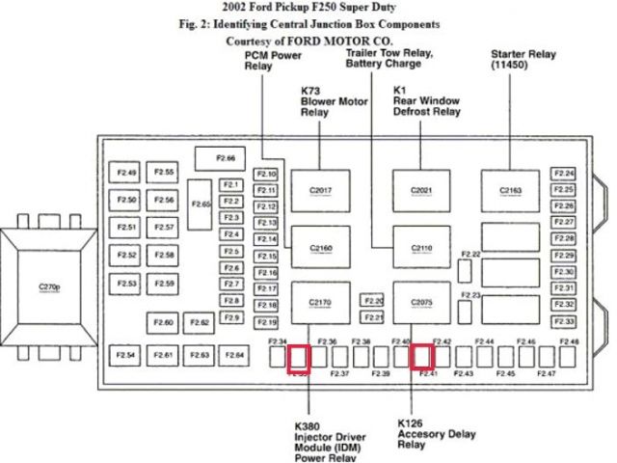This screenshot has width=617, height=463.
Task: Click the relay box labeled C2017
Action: [321, 190]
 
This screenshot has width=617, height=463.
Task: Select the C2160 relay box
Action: [321, 249]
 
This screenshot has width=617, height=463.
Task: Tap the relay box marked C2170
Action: [321, 303]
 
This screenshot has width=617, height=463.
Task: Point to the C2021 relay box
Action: [421, 190]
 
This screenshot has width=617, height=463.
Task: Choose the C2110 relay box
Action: [421, 249]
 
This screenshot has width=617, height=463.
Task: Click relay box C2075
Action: [421, 303]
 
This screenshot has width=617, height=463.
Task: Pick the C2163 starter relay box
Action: [511, 190]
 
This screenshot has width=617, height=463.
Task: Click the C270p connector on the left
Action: [49, 286]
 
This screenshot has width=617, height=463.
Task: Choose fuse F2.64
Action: [234, 356]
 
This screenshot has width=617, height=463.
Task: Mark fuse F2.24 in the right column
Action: [565, 174]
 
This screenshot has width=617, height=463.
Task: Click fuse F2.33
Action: [565, 321]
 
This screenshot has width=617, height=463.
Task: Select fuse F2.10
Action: [267, 174]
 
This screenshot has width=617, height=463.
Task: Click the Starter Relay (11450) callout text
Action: [520, 60]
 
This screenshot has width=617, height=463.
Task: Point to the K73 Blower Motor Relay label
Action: [328, 101]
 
